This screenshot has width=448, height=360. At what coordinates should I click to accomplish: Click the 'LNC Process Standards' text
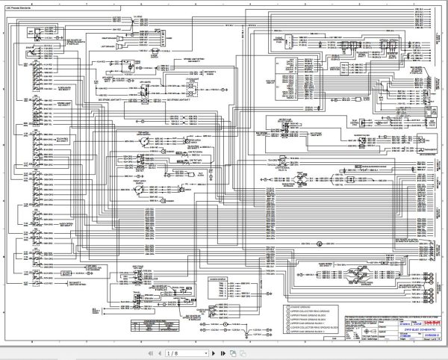click(29, 8)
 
